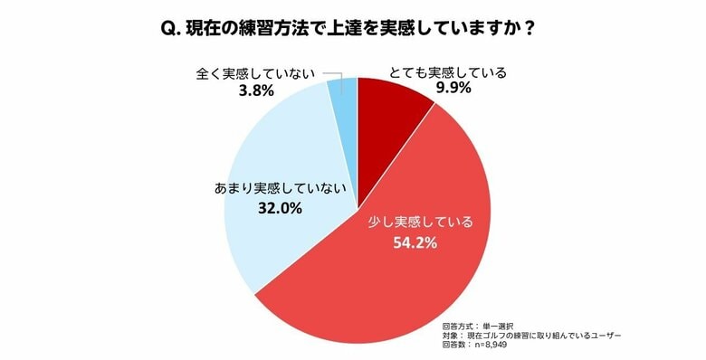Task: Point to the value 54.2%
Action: tap(417, 242)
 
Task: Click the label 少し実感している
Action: tap(418, 222)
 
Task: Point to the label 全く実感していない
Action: tap(253, 72)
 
